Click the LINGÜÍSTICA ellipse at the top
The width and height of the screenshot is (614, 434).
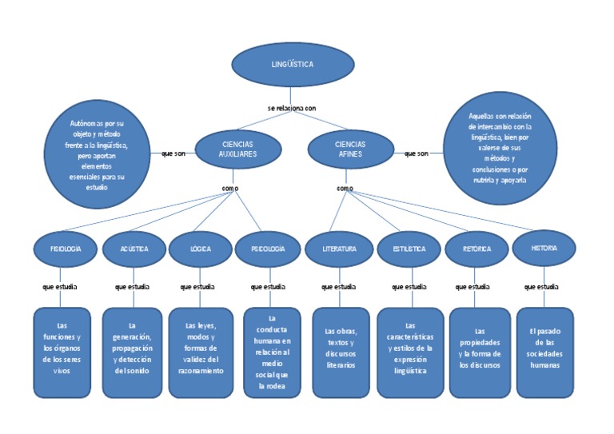[292, 64]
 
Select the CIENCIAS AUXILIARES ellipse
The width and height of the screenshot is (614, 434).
[238, 149]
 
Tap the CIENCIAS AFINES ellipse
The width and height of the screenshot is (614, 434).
[350, 149]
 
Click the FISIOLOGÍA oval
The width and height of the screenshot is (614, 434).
[66, 249]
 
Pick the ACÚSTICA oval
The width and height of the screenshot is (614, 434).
[134, 249]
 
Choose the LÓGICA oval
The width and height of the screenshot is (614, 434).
[200, 249]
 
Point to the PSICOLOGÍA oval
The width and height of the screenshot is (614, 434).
[267, 249]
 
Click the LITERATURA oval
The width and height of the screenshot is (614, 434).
[339, 249]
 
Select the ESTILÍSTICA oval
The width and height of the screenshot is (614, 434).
[409, 249]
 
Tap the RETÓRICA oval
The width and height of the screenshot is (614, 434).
[476, 249]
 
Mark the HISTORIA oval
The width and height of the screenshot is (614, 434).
[544, 249]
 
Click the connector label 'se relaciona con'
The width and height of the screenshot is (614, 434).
[292, 108]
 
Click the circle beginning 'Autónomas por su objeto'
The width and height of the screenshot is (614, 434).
[98, 154]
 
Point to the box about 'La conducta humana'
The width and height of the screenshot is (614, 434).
[272, 352]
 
